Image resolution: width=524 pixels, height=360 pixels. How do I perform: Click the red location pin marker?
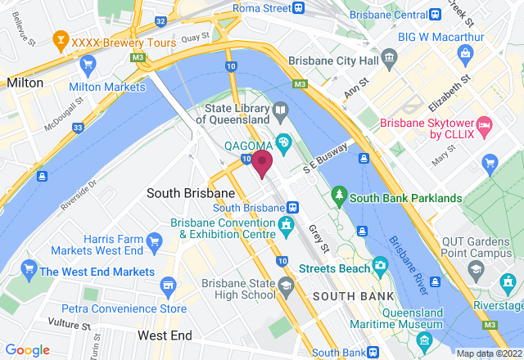[x=262, y=162]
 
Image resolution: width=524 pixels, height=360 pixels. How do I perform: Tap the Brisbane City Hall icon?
[x=388, y=58]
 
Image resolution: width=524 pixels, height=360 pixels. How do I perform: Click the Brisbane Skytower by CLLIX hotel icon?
[x=484, y=124]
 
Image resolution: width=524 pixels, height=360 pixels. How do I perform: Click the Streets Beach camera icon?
[x=380, y=265]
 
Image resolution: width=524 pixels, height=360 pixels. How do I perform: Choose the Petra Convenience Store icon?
[x=169, y=286]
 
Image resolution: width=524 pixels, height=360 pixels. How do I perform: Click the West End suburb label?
[x=165, y=335]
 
